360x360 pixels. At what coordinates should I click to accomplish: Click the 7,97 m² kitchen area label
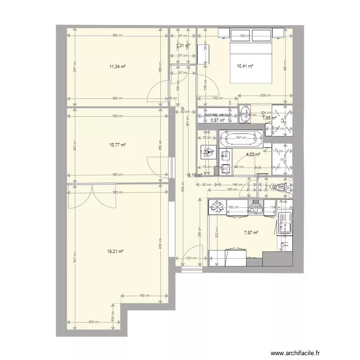point(251,233)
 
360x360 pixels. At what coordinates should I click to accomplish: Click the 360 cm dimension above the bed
point(245,36)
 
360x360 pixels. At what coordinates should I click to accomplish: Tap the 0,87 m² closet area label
point(217,120)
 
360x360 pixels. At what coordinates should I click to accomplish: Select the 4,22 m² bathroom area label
point(253,155)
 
